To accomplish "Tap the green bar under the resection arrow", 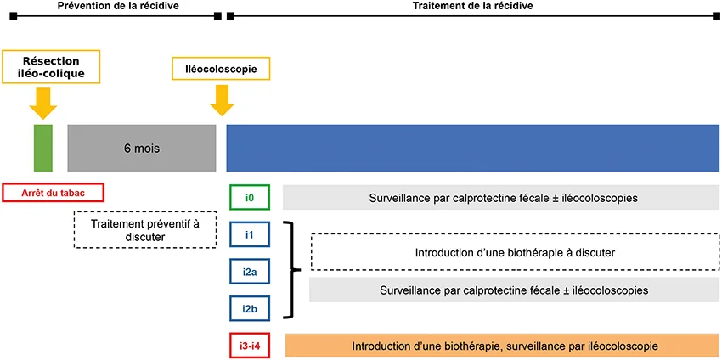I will (x=43, y=148).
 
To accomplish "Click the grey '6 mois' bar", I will (x=141, y=148).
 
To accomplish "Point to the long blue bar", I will (x=472, y=148).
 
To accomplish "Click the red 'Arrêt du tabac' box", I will (x=53, y=193).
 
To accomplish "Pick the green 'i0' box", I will (x=250, y=197).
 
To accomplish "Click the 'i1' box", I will (x=250, y=234).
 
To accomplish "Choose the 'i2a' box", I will (x=250, y=271).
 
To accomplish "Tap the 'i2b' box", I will (x=250, y=307).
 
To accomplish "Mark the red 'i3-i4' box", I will (x=250, y=346).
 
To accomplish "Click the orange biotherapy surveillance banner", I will (x=503, y=346).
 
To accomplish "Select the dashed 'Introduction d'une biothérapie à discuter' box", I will (x=515, y=252).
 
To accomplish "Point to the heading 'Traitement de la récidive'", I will (x=471, y=6).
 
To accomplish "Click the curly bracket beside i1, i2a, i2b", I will (x=293, y=270).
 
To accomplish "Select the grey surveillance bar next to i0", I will (x=503, y=197).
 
